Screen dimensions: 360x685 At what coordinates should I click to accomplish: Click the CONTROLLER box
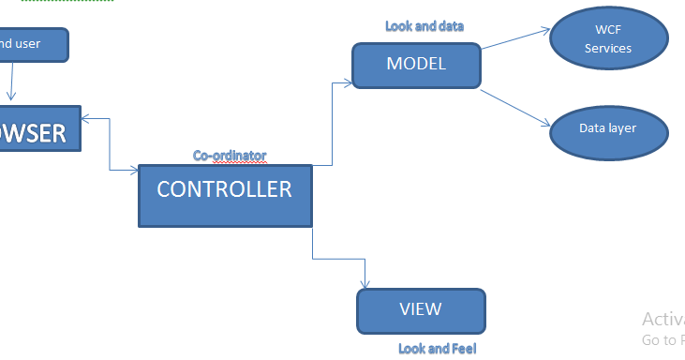(224, 195)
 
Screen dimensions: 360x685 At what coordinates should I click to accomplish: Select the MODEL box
(416, 66)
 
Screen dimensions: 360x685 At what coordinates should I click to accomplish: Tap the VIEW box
(421, 311)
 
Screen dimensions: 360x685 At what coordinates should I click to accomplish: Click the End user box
(33, 44)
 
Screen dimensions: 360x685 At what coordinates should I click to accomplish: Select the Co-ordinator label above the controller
(230, 156)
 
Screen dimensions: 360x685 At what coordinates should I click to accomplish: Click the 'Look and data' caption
(424, 26)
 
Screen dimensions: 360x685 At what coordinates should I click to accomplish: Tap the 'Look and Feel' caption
(438, 349)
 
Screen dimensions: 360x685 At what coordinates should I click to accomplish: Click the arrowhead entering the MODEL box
(346, 83)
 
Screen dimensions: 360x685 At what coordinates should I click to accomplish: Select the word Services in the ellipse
(608, 49)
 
